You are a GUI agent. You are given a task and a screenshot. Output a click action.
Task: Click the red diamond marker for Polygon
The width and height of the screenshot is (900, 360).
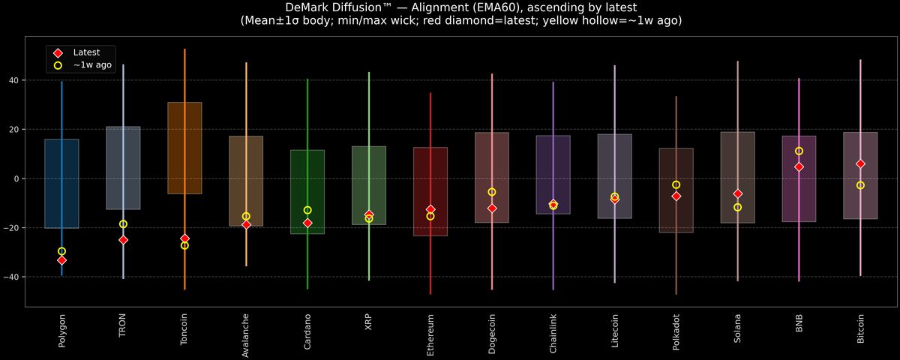(61, 260)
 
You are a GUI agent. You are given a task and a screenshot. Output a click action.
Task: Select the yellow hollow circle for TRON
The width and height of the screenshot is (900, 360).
(123, 224)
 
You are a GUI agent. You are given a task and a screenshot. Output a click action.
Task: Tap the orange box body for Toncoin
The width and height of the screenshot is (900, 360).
(184, 148)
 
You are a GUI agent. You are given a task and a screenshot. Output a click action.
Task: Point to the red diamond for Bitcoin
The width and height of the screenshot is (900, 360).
(860, 163)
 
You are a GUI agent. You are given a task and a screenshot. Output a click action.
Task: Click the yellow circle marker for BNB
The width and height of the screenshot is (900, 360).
(799, 151)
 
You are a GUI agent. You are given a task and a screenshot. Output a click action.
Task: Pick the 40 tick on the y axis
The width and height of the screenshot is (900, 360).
(14, 80)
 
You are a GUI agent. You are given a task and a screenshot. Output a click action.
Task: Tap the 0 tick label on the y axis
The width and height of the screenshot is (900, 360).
(16, 178)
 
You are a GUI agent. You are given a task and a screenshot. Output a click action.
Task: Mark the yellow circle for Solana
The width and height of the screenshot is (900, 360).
(737, 207)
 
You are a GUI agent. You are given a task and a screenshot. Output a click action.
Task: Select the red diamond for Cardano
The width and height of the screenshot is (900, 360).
(307, 223)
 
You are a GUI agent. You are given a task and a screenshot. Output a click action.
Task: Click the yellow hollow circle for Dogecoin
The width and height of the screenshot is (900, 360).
(492, 192)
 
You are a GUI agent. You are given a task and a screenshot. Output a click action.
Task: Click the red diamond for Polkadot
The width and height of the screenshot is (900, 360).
(676, 196)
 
